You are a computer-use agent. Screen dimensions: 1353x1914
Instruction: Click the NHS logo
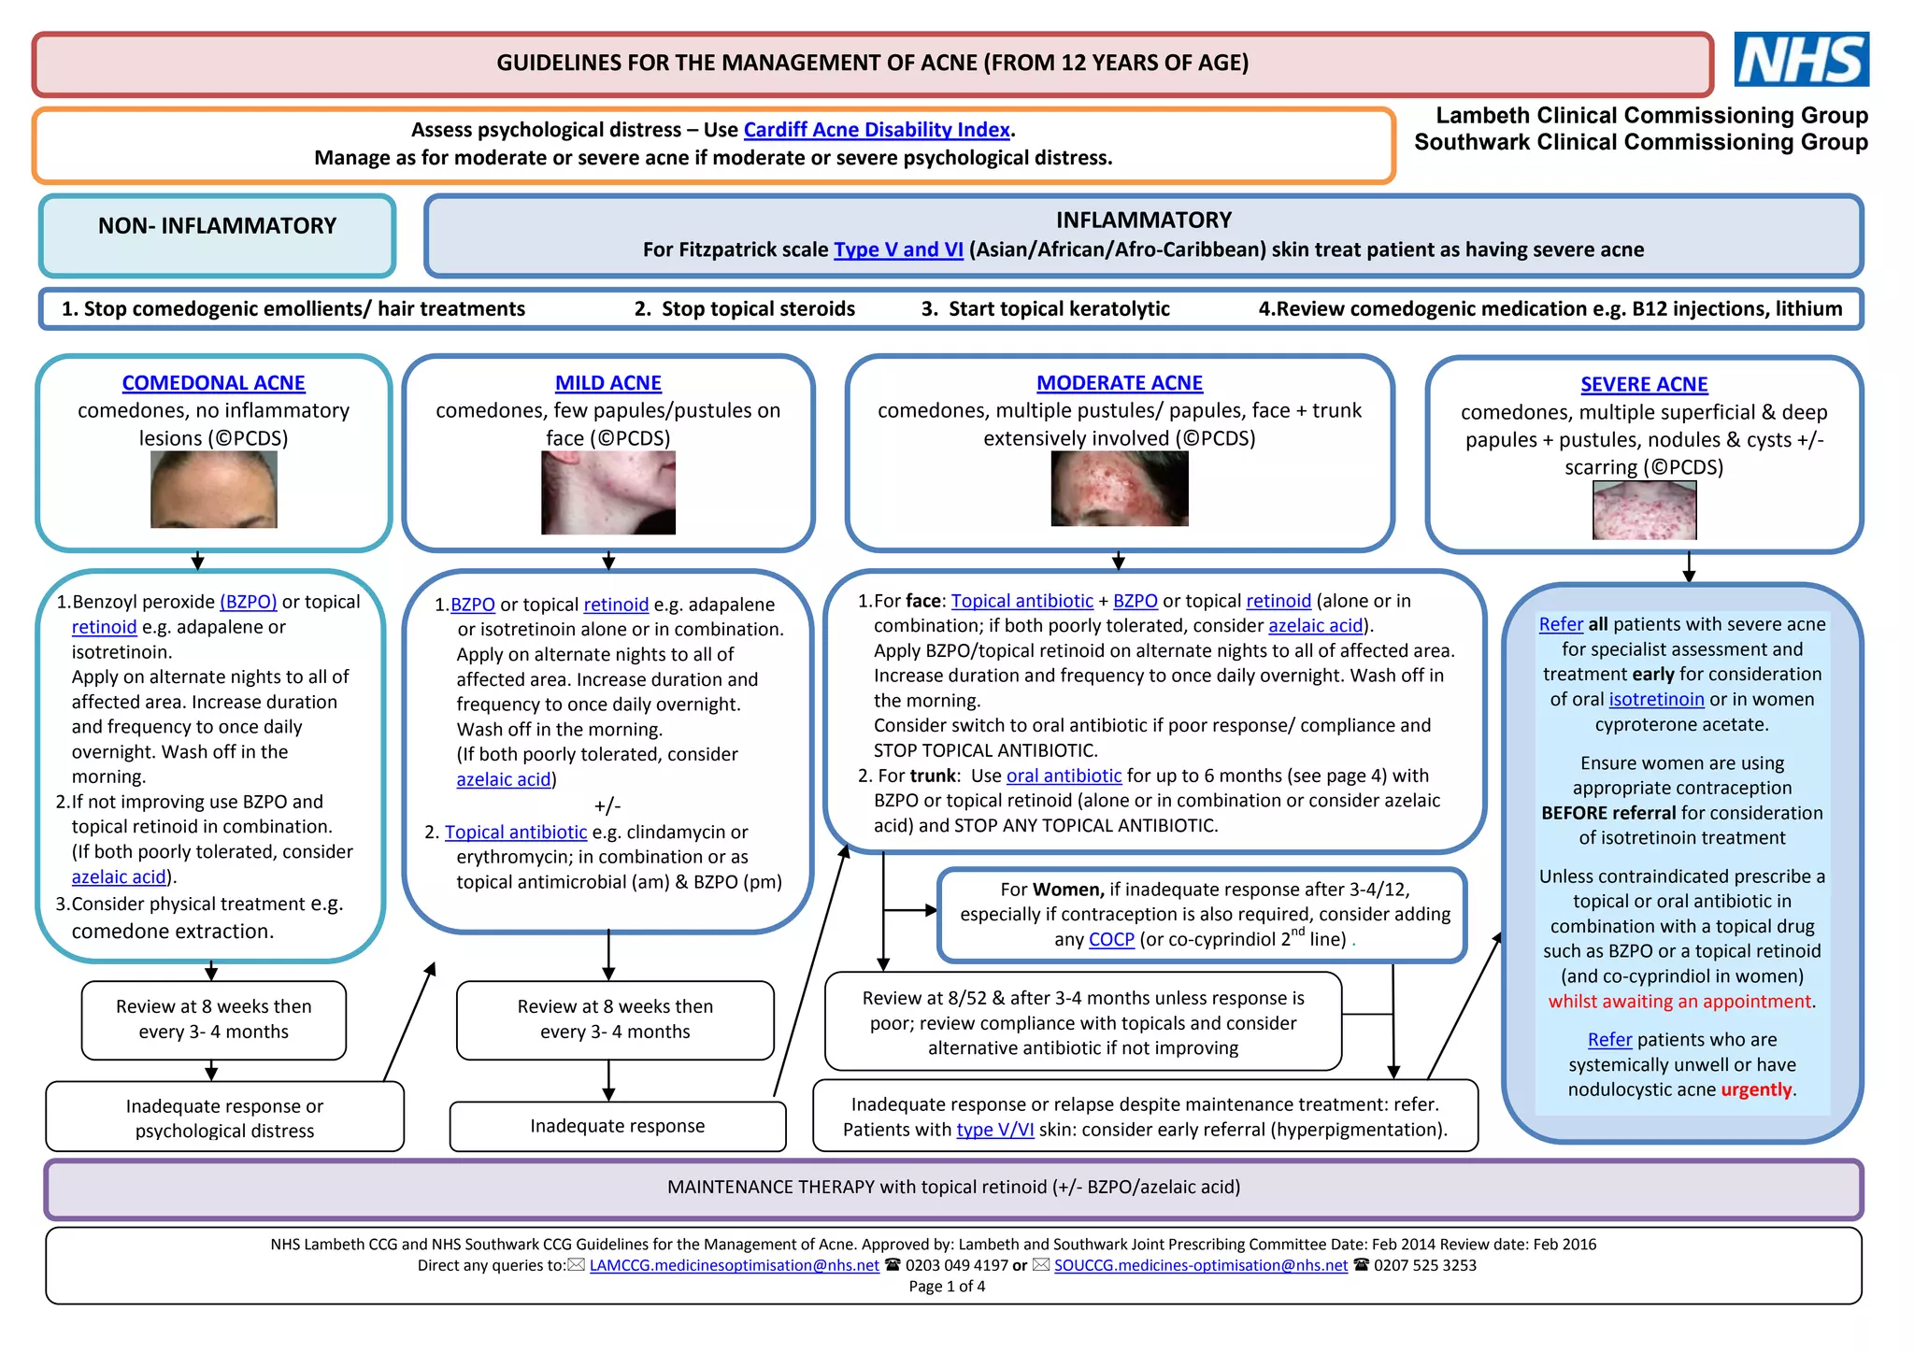click(x=1801, y=59)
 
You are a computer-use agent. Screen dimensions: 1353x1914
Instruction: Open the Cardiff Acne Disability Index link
click(x=876, y=130)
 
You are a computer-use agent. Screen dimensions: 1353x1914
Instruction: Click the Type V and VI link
click(x=898, y=249)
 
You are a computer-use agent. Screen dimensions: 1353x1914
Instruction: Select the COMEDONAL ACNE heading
click(x=213, y=383)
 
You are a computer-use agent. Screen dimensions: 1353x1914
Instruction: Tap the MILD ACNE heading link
click(x=607, y=383)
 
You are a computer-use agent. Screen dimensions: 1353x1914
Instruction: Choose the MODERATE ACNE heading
click(x=1119, y=383)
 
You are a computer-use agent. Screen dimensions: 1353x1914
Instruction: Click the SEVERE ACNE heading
click(x=1643, y=385)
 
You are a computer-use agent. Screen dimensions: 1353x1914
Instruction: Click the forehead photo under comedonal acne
click(x=213, y=490)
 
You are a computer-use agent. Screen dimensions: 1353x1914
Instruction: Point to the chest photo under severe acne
click(x=1644, y=510)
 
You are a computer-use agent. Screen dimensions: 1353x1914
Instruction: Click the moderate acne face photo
click(x=1119, y=489)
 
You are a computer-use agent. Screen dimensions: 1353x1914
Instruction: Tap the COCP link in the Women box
click(x=1111, y=940)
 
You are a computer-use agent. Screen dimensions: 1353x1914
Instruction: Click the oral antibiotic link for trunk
click(x=1064, y=776)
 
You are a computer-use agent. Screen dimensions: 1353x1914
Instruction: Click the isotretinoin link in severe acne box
click(x=1656, y=700)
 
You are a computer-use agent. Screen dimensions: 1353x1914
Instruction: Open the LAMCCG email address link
click(x=734, y=1266)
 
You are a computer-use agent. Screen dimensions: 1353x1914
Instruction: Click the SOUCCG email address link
click(x=1200, y=1266)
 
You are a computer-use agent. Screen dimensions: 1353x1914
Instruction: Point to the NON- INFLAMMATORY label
click(x=217, y=226)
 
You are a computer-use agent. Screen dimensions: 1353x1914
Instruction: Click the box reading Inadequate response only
click(x=617, y=1126)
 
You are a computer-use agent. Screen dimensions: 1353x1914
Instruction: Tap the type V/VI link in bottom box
click(x=994, y=1130)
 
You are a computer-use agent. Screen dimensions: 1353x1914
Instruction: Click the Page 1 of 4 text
click(x=947, y=1287)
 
